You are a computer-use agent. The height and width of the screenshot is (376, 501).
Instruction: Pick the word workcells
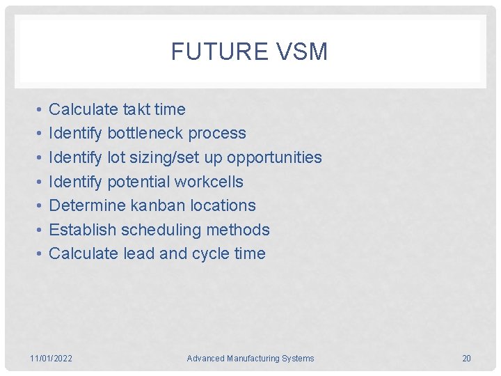click(209, 182)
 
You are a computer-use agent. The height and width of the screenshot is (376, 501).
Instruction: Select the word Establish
click(83, 230)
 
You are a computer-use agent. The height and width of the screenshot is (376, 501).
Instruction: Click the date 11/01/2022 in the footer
click(51, 359)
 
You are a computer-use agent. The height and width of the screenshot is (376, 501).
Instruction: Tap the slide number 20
click(466, 359)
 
